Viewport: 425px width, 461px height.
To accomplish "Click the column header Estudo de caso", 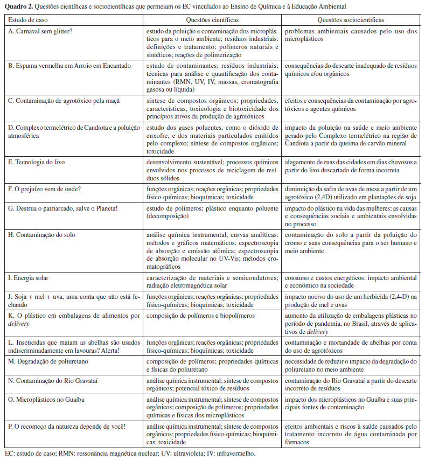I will pyautogui.click(x=25, y=19).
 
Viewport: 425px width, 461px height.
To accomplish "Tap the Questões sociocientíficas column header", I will pyautogui.click(x=351, y=19).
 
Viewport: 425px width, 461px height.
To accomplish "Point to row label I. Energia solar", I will pyautogui.click(x=29, y=278).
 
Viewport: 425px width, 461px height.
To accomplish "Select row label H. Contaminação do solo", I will pyautogui.click(x=41, y=235).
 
